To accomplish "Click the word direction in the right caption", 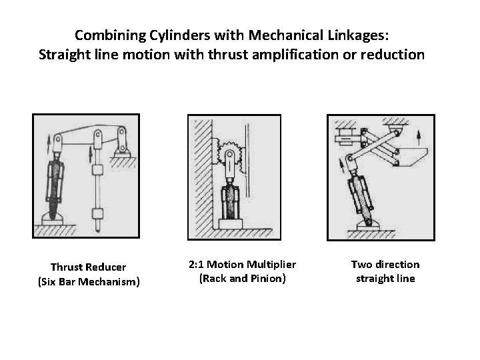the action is (395, 265).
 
